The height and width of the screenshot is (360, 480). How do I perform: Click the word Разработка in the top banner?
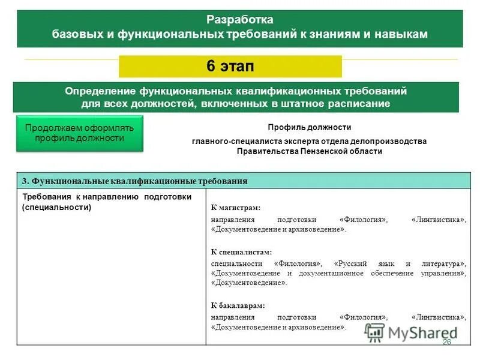[239, 19]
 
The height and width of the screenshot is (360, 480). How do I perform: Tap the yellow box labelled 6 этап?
[230, 67]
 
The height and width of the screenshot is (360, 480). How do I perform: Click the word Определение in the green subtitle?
[101, 91]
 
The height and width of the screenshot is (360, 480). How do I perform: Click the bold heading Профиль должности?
[309, 127]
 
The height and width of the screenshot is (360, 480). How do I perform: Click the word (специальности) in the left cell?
[56, 207]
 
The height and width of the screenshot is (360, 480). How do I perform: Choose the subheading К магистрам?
[236, 208]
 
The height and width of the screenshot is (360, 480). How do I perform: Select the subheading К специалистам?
[242, 252]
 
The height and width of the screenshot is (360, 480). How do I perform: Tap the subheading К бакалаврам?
[238, 305]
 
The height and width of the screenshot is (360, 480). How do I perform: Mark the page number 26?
[446, 341]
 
